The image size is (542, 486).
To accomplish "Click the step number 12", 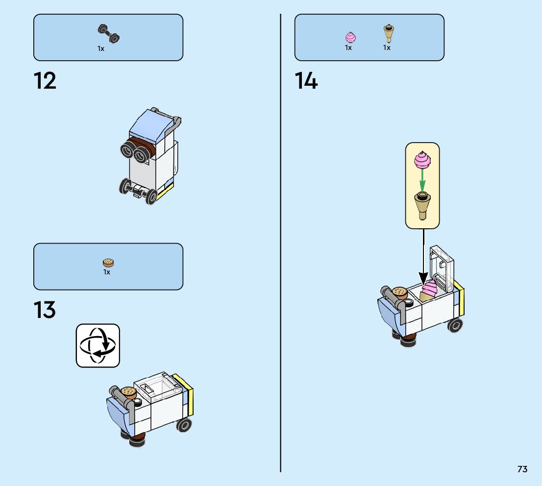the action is (x=45, y=81).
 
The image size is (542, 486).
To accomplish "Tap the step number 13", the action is (x=45, y=311).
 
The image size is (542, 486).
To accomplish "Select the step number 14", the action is (x=306, y=81).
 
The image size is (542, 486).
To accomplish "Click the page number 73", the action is (x=522, y=469).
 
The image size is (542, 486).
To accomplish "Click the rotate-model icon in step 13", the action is (x=98, y=345).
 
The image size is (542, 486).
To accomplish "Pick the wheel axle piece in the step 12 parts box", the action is (x=109, y=33).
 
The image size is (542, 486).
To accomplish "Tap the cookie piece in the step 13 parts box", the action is (x=108, y=263).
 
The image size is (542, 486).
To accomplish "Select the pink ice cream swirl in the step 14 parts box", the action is (x=350, y=37).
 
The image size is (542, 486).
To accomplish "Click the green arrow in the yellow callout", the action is (x=422, y=181).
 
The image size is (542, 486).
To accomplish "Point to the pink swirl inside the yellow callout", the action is (x=422, y=160).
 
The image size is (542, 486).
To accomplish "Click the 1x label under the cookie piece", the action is (x=107, y=272).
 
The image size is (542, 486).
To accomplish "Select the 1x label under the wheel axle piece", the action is (x=100, y=49).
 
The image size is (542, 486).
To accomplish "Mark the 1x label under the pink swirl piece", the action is (x=348, y=48).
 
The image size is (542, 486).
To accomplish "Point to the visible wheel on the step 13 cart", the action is (x=183, y=424).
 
